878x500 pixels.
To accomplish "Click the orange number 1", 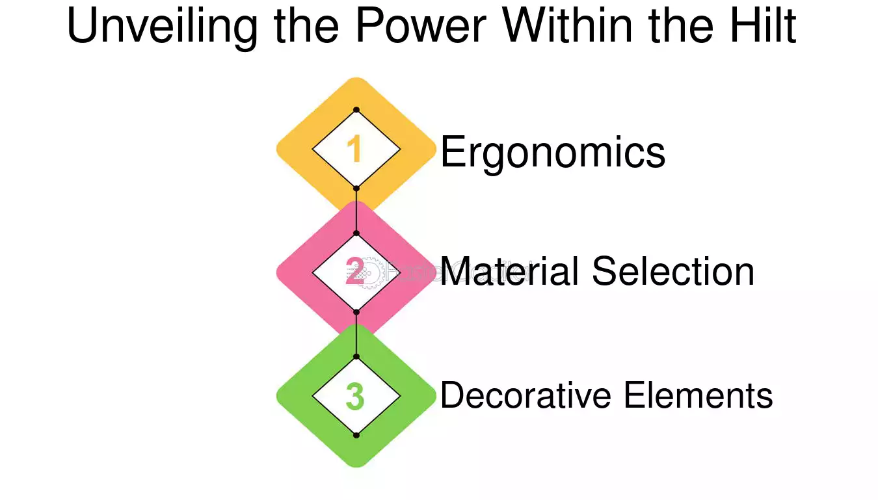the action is click(354, 148).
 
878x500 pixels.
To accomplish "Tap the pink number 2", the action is click(355, 271).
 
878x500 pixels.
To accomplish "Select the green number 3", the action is click(355, 396).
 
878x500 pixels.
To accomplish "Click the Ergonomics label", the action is click(553, 153).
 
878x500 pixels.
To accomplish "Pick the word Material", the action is click(509, 271).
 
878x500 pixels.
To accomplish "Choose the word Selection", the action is click(673, 271).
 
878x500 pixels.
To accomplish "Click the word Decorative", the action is click(525, 395).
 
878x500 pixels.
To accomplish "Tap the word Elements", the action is click(698, 395).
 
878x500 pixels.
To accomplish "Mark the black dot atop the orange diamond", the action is click(356, 110).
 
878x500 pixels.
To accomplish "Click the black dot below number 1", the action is click(356, 189).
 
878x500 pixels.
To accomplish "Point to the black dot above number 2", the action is click(356, 233).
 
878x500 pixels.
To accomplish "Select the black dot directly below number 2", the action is click(356, 312).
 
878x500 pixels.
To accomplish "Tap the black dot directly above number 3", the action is click(356, 357).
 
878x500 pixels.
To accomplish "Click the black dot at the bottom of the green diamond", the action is click(356, 436).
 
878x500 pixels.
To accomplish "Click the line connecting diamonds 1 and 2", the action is click(356, 211).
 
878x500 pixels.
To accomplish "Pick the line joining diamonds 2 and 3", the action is click(356, 335).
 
